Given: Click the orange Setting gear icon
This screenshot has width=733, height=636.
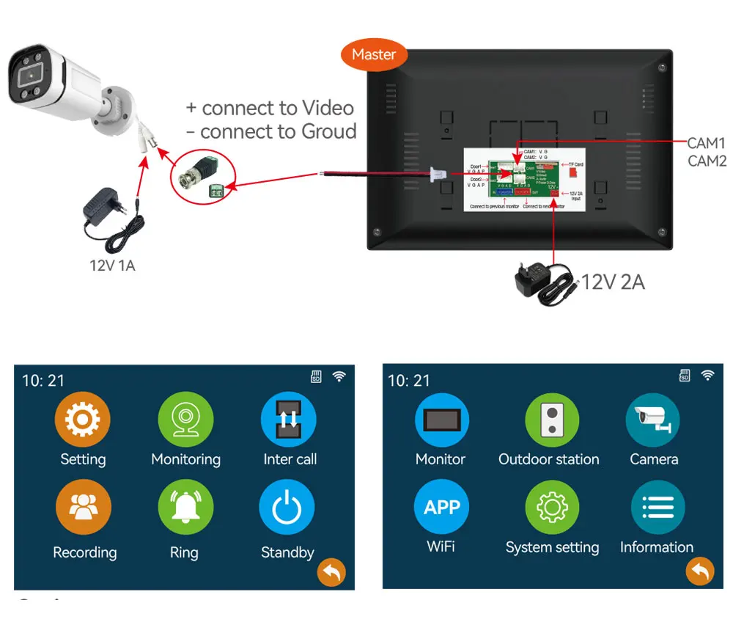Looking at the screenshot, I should click(83, 420).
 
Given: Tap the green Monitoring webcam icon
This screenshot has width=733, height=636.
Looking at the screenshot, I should click(185, 420).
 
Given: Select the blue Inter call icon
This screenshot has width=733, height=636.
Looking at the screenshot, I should click(289, 420).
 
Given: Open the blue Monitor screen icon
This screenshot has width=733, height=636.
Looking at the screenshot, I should click(441, 420).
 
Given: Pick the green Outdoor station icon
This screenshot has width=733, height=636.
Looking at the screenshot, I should click(551, 420).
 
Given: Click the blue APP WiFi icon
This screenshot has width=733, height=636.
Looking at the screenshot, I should click(441, 506).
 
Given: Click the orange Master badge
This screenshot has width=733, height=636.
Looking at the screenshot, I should click(373, 55).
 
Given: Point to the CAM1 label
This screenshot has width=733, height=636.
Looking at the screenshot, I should click(706, 143).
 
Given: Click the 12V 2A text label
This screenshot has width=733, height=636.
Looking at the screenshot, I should click(613, 282).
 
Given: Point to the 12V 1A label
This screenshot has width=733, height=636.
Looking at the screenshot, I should click(112, 266).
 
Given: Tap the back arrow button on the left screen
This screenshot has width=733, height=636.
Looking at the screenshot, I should click(331, 572).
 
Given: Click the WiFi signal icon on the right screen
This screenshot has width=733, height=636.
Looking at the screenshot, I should click(707, 376).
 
